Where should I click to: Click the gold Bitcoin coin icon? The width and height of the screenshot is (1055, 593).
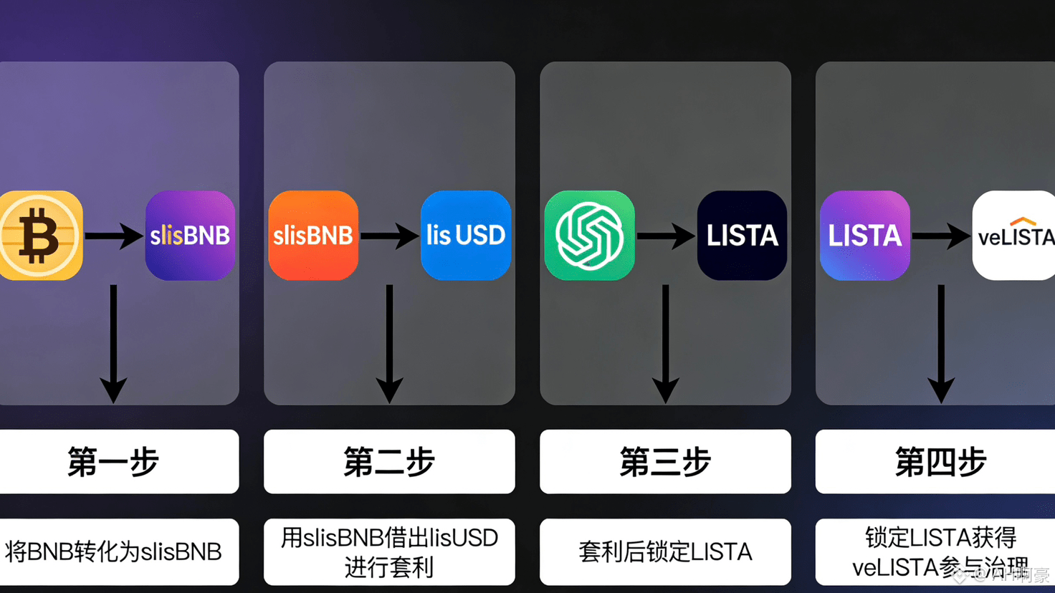(40, 236)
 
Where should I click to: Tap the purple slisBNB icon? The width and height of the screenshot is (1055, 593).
(190, 236)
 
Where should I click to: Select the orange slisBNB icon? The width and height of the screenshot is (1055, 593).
(313, 236)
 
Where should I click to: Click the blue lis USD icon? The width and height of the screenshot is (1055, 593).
(466, 236)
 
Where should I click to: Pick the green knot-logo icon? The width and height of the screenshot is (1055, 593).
(589, 236)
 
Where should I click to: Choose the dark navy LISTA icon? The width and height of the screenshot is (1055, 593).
(742, 236)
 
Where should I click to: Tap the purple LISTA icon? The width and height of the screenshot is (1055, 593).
(865, 236)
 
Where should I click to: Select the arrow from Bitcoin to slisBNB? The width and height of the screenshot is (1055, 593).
(114, 236)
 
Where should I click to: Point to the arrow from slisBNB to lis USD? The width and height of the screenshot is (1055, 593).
(389, 236)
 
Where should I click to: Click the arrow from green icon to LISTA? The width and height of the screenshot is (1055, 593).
(665, 236)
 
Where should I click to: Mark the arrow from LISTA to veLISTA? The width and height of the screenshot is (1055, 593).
(940, 236)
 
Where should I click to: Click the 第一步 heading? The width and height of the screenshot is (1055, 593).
(113, 462)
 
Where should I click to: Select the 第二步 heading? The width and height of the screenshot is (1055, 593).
(389, 462)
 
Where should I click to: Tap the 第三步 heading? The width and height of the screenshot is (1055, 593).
(665, 462)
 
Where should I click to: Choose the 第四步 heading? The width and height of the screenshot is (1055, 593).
(940, 462)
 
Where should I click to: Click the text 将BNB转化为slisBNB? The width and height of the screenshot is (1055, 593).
(113, 552)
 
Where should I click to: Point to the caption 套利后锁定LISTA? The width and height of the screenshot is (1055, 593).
(665, 552)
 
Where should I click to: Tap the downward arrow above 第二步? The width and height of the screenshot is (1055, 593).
(389, 344)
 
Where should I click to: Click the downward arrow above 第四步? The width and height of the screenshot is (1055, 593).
(940, 344)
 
